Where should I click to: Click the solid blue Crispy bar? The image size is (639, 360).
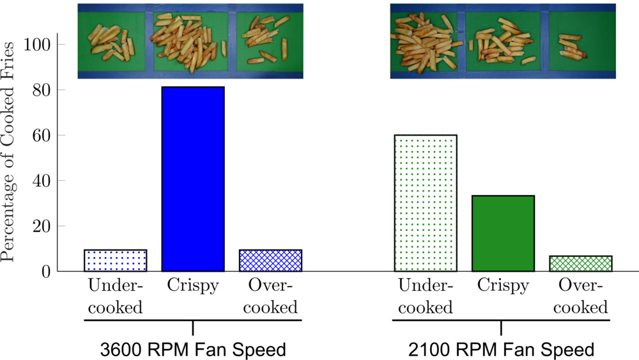[192, 179]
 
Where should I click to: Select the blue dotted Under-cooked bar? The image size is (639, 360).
[115, 260]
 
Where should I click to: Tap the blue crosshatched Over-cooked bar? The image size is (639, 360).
[270, 260]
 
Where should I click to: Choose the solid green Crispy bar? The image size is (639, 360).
[503, 233]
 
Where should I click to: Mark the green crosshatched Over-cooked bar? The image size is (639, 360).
[580, 263]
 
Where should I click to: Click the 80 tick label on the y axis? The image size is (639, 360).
[43, 90]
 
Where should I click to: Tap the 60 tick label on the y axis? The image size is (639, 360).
[43, 136]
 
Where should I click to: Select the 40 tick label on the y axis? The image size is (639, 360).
[43, 181]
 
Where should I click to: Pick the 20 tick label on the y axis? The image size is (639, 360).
[43, 226]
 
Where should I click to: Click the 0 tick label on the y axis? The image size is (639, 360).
[48, 272]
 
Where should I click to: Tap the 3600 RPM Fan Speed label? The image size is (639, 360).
[192, 350]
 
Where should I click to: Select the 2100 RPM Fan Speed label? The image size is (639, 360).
[502, 350]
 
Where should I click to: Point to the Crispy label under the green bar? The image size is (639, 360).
[503, 285]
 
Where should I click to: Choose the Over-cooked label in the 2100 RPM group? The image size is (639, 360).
[580, 296]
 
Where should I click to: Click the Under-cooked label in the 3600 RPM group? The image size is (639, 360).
[115, 296]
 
